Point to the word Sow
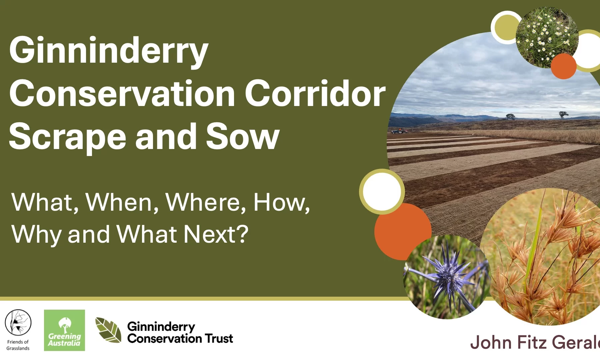pyautogui.click(x=242, y=136)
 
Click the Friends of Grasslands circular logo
pyautogui.click(x=18, y=323)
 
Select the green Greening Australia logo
pyautogui.click(x=64, y=330)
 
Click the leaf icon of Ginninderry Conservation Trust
pyautogui.click(x=108, y=330)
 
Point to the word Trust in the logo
pyautogui.click(x=219, y=339)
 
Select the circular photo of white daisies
pyautogui.click(x=547, y=37)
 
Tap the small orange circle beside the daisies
pyautogui.click(x=563, y=66)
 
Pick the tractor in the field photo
pyautogui.click(x=399, y=131)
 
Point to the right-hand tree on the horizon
pyautogui.click(x=563, y=115)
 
